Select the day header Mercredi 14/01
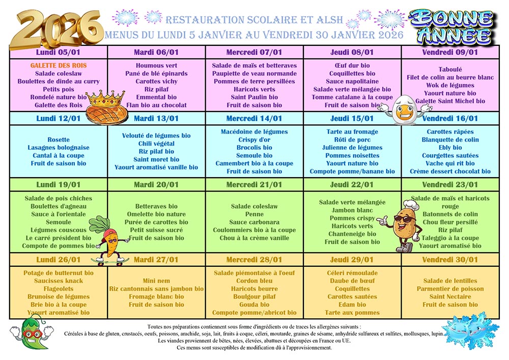[254, 118]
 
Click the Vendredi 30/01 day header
[450, 260]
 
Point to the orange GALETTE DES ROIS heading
[59, 65]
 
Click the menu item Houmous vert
[156, 65]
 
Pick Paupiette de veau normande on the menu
[254, 73]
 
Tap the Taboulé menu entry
[450, 69]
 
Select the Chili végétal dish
[156, 144]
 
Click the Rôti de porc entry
[352, 140]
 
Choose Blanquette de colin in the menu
[450, 140]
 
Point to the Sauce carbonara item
[254, 222]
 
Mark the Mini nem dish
[156, 281]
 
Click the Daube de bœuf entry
[352, 281]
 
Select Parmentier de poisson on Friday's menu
[450, 289]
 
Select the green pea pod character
[32, 332]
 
